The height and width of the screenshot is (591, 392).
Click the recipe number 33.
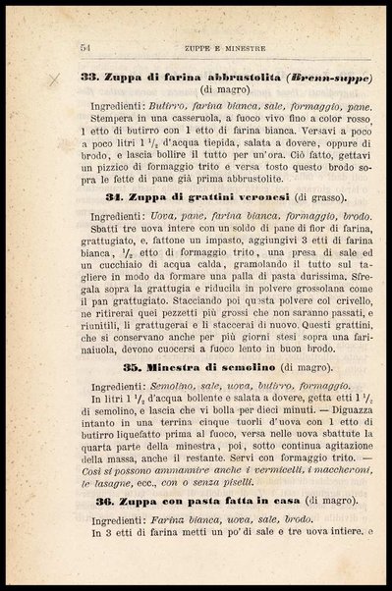point(87,77)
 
